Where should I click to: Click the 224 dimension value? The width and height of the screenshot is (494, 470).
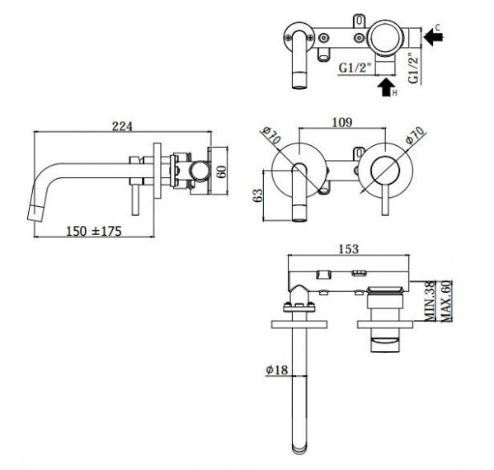pyautogui.click(x=123, y=126)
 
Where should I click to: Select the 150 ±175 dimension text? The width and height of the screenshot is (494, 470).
pyautogui.click(x=93, y=231)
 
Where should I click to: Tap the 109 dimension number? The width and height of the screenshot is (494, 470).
pyautogui.click(x=342, y=122)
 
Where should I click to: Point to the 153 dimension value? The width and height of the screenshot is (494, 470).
pyautogui.click(x=349, y=249)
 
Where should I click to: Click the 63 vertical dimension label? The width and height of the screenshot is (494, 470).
pyautogui.click(x=257, y=195)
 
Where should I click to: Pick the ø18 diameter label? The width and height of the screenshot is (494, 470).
pyautogui.click(x=277, y=369)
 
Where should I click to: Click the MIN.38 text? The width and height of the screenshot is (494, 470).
pyautogui.click(x=430, y=302)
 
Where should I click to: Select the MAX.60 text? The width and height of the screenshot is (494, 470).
pyautogui.click(x=446, y=302)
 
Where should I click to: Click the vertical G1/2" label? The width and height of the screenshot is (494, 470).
pyautogui.click(x=414, y=68)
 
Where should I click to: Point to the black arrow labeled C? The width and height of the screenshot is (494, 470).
pyautogui.click(x=434, y=37)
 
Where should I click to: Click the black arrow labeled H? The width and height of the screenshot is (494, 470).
pyautogui.click(x=385, y=87)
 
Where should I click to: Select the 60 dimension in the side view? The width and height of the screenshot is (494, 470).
pyautogui.click(x=222, y=172)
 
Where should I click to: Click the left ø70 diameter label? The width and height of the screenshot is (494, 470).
pyautogui.click(x=271, y=135)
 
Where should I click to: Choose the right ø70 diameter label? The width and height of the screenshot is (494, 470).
pyautogui.click(x=415, y=135)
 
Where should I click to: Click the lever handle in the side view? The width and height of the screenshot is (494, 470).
pyautogui.click(x=135, y=200)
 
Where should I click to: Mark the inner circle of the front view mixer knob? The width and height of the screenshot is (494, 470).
pyautogui.click(x=385, y=171)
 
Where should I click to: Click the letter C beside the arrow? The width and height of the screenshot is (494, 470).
pyautogui.click(x=438, y=27)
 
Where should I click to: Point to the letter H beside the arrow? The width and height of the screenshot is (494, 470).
pyautogui.click(x=395, y=92)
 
